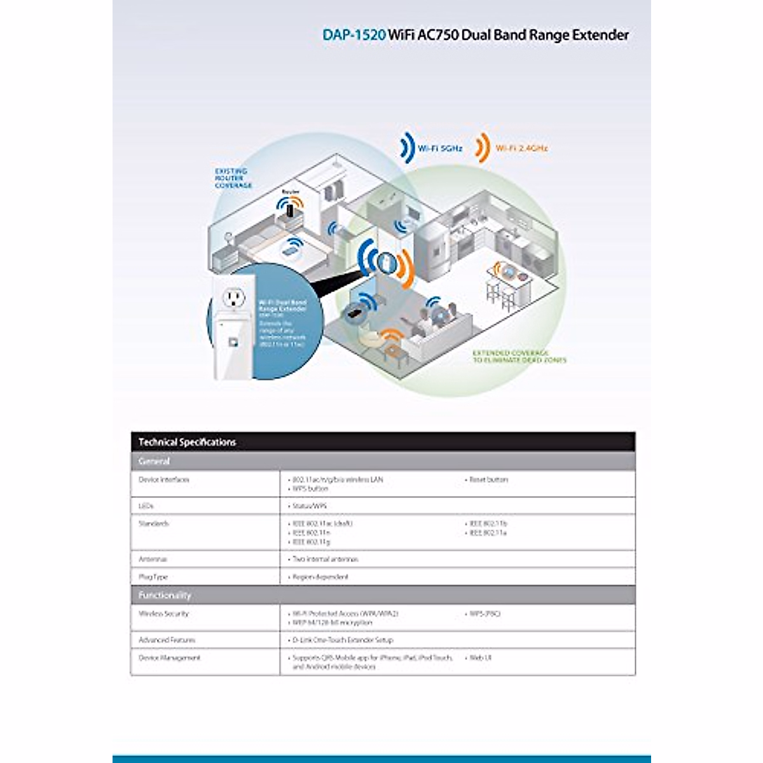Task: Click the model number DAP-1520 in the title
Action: point(354,35)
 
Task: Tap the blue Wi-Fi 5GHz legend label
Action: point(439,148)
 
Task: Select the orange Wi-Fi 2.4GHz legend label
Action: point(521,148)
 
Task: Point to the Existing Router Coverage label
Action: point(232,179)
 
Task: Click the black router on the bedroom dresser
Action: point(290,209)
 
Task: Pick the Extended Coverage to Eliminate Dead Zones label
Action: point(519,357)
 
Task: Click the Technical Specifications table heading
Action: point(187,442)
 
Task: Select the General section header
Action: point(155,461)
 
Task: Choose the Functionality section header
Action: point(165,595)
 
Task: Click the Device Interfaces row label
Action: point(164,479)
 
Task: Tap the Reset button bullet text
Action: point(488,479)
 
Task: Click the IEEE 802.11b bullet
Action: point(488,523)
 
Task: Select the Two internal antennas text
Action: point(325,560)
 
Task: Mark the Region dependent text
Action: point(320,577)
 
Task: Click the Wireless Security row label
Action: point(163,614)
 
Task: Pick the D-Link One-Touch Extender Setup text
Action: point(342,640)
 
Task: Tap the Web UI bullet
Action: point(480,658)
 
